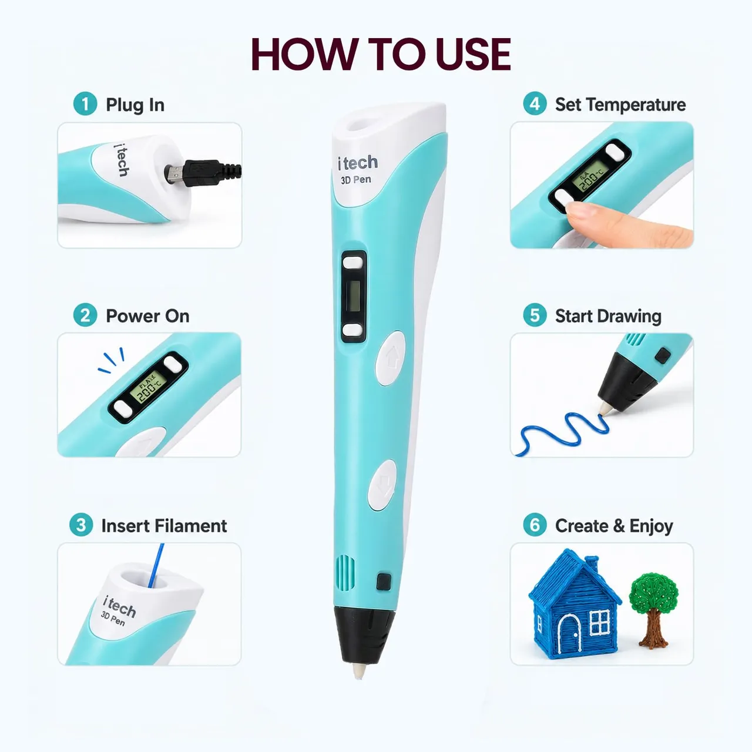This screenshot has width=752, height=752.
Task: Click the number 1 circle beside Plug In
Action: (85, 104)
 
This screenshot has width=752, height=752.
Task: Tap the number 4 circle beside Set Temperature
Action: (535, 103)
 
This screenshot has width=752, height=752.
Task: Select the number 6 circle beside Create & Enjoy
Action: (535, 525)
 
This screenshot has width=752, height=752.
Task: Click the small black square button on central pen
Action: (384, 582)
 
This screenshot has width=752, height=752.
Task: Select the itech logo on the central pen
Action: (358, 163)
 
